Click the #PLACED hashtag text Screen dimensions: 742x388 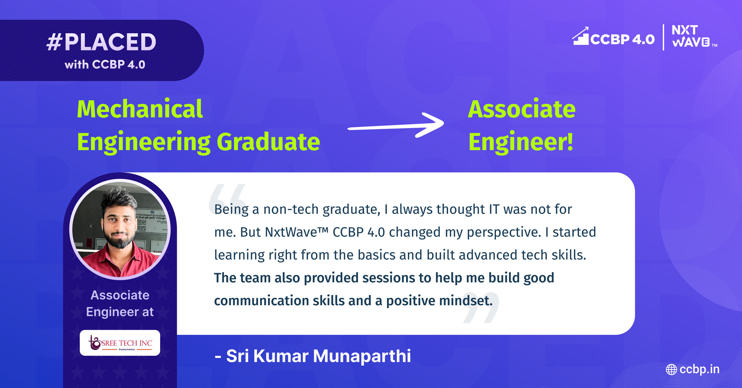pos(101,42)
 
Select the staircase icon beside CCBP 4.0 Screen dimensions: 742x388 pos(580,36)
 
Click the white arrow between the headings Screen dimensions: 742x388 pos(396,125)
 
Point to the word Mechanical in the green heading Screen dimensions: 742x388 pos(140,109)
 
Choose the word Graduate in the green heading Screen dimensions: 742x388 pos(268,142)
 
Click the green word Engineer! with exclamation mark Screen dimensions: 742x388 pos(521,142)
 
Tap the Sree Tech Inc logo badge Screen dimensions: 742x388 pos(120,343)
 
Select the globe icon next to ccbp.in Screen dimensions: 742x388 pos(671,370)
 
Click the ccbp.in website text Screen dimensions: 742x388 pos(700,369)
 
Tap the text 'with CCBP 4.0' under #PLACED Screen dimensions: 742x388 pos(105,64)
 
